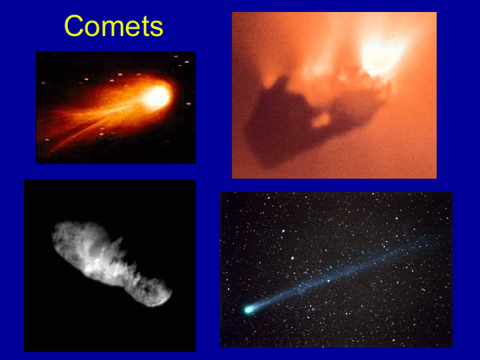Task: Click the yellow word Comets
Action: pos(113,26)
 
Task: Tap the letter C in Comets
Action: pos(73,26)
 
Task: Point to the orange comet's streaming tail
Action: pos(98,119)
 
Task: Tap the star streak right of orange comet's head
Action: pos(188,105)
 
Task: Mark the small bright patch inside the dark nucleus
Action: pos(321,120)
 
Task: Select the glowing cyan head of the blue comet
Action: pos(248,310)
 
